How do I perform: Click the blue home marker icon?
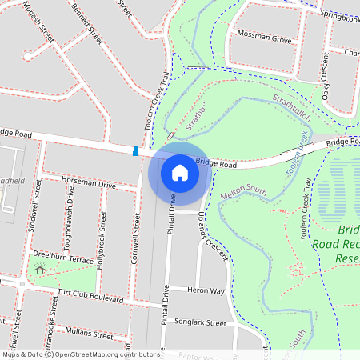point(179,171)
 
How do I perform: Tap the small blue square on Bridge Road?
point(135,150)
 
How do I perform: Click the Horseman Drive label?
point(88,185)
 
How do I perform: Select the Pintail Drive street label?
point(171,217)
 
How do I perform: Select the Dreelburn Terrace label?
point(63,258)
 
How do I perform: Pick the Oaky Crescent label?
point(326,77)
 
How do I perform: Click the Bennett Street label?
point(87,25)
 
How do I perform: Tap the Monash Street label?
point(38,21)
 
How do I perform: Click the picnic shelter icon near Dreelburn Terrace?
point(40,270)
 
